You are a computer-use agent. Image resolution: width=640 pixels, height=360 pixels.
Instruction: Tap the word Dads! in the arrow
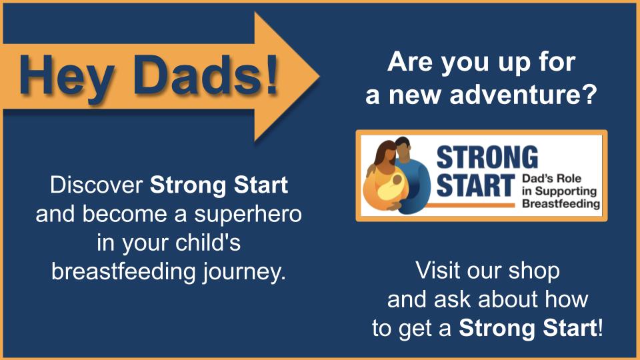point(206,73)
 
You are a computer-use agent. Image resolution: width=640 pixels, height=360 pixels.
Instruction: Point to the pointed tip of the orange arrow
point(319,76)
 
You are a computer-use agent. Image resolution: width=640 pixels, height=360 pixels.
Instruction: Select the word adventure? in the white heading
point(523,95)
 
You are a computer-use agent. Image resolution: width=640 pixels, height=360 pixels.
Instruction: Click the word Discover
point(96,185)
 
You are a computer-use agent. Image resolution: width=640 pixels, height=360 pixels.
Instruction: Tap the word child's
point(208,243)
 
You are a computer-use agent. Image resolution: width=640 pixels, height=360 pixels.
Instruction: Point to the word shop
point(534,272)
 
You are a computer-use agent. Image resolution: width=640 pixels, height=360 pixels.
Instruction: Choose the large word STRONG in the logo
point(487,157)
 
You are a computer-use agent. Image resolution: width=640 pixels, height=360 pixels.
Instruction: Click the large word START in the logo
point(475,186)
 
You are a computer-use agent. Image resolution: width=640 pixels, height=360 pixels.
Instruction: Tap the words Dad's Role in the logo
point(551,179)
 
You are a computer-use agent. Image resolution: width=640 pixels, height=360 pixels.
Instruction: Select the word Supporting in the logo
point(566,191)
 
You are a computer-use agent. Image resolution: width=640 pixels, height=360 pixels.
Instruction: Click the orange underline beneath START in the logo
point(469,205)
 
